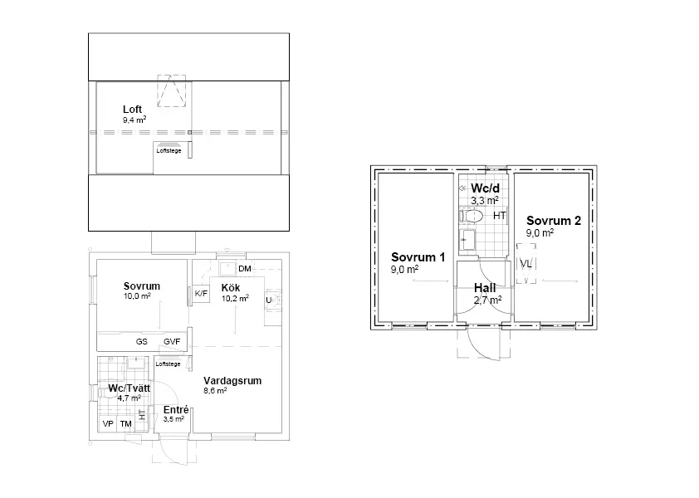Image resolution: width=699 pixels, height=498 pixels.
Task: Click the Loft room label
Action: pyautogui.click(x=133, y=110)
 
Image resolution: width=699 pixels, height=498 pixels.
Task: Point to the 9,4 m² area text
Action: pyautogui.click(x=134, y=120)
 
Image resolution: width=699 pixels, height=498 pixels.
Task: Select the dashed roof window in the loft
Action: pyautogui.click(x=173, y=91)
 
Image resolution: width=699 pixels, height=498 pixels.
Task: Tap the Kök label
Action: pyautogui.click(x=230, y=288)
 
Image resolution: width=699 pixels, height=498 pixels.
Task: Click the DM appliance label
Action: pyautogui.click(x=244, y=269)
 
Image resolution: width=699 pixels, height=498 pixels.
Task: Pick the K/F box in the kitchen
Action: pyautogui.click(x=201, y=293)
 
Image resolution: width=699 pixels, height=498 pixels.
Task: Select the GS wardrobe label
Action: pyautogui.click(x=142, y=341)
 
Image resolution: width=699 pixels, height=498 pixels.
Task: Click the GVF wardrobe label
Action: pyautogui.click(x=172, y=341)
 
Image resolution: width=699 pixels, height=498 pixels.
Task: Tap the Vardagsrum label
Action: pyautogui.click(x=232, y=381)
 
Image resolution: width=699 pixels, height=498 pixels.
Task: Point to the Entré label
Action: pyautogui.click(x=175, y=410)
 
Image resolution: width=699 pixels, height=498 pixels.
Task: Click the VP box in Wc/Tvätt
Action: pyautogui.click(x=107, y=424)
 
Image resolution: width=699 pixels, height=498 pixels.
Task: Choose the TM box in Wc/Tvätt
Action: pyautogui.click(x=126, y=424)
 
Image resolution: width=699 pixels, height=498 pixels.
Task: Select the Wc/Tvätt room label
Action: pyautogui.click(x=129, y=388)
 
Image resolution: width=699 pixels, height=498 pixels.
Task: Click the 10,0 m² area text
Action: pyautogui.click(x=139, y=296)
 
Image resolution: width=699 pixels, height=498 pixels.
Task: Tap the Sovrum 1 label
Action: pyautogui.click(x=418, y=257)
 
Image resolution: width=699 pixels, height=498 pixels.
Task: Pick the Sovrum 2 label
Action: pyautogui.click(x=552, y=221)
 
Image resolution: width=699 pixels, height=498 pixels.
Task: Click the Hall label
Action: pyautogui.click(x=485, y=288)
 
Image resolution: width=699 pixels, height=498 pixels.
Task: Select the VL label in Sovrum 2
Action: pyautogui.click(x=525, y=264)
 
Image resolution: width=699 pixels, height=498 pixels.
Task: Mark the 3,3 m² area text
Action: pyautogui.click(x=484, y=200)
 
